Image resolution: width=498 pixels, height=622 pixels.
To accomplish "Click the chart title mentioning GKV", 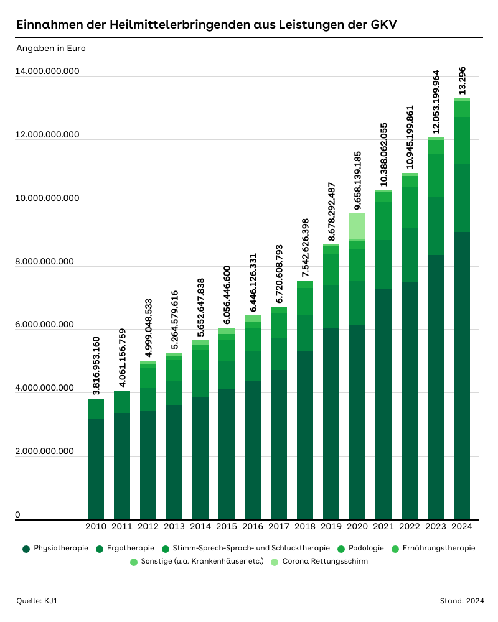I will [x=206, y=25].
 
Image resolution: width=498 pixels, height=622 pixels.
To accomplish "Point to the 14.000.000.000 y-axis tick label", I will [x=48, y=72].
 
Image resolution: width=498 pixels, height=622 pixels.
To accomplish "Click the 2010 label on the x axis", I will [x=96, y=527].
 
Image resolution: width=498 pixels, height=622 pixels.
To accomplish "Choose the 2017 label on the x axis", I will [x=279, y=527].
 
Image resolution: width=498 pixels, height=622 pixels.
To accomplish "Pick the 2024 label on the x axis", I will [x=462, y=527].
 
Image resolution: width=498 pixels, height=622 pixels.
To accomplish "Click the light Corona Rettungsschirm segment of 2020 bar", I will [x=357, y=226].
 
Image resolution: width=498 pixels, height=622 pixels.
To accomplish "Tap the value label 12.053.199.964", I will [x=436, y=101].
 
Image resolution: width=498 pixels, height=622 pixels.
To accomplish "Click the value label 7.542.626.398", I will [x=305, y=248].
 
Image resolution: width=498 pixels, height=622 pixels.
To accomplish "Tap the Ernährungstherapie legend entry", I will [x=433, y=549].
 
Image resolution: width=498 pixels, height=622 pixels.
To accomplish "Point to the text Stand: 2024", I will [x=461, y=601].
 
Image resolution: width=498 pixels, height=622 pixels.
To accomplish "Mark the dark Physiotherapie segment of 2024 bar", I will [x=462, y=373].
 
